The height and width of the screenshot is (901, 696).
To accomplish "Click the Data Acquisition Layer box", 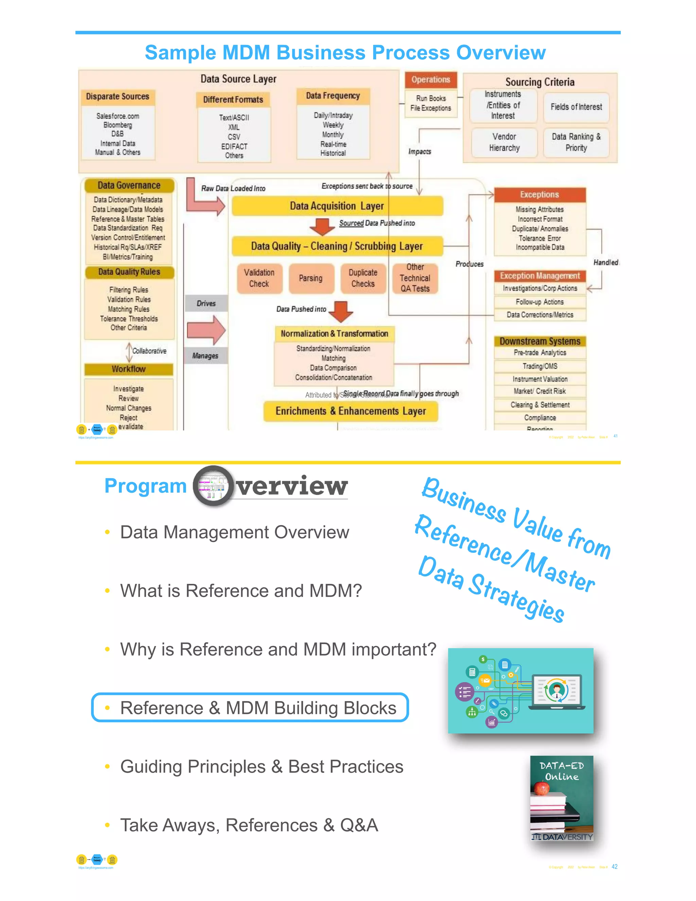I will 337,206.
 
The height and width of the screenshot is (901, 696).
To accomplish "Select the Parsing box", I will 311,278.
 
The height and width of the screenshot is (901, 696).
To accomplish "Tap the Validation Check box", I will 259,278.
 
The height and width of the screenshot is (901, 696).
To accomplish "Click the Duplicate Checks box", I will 363,278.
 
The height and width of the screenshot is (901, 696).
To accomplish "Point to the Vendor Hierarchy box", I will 504,142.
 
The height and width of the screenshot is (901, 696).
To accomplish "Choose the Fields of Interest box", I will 576,107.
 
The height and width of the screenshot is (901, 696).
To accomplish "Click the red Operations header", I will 431,80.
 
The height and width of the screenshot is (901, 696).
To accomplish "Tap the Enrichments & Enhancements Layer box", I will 350,411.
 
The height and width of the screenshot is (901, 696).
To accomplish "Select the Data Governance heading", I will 129,186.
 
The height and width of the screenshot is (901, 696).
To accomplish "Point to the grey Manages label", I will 205,356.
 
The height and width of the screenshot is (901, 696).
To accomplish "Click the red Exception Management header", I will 540,276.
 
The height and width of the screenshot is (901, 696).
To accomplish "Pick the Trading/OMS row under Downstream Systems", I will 540,366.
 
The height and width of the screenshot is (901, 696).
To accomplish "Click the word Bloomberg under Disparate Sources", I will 118,125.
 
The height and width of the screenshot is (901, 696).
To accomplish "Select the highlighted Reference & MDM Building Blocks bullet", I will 250,708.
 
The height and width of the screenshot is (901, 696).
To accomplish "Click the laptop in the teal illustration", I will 557,692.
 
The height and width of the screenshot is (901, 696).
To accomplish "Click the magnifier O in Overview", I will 213,486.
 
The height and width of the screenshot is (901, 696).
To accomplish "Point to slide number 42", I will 614,867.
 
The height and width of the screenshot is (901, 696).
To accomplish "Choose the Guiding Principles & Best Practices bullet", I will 261,766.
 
